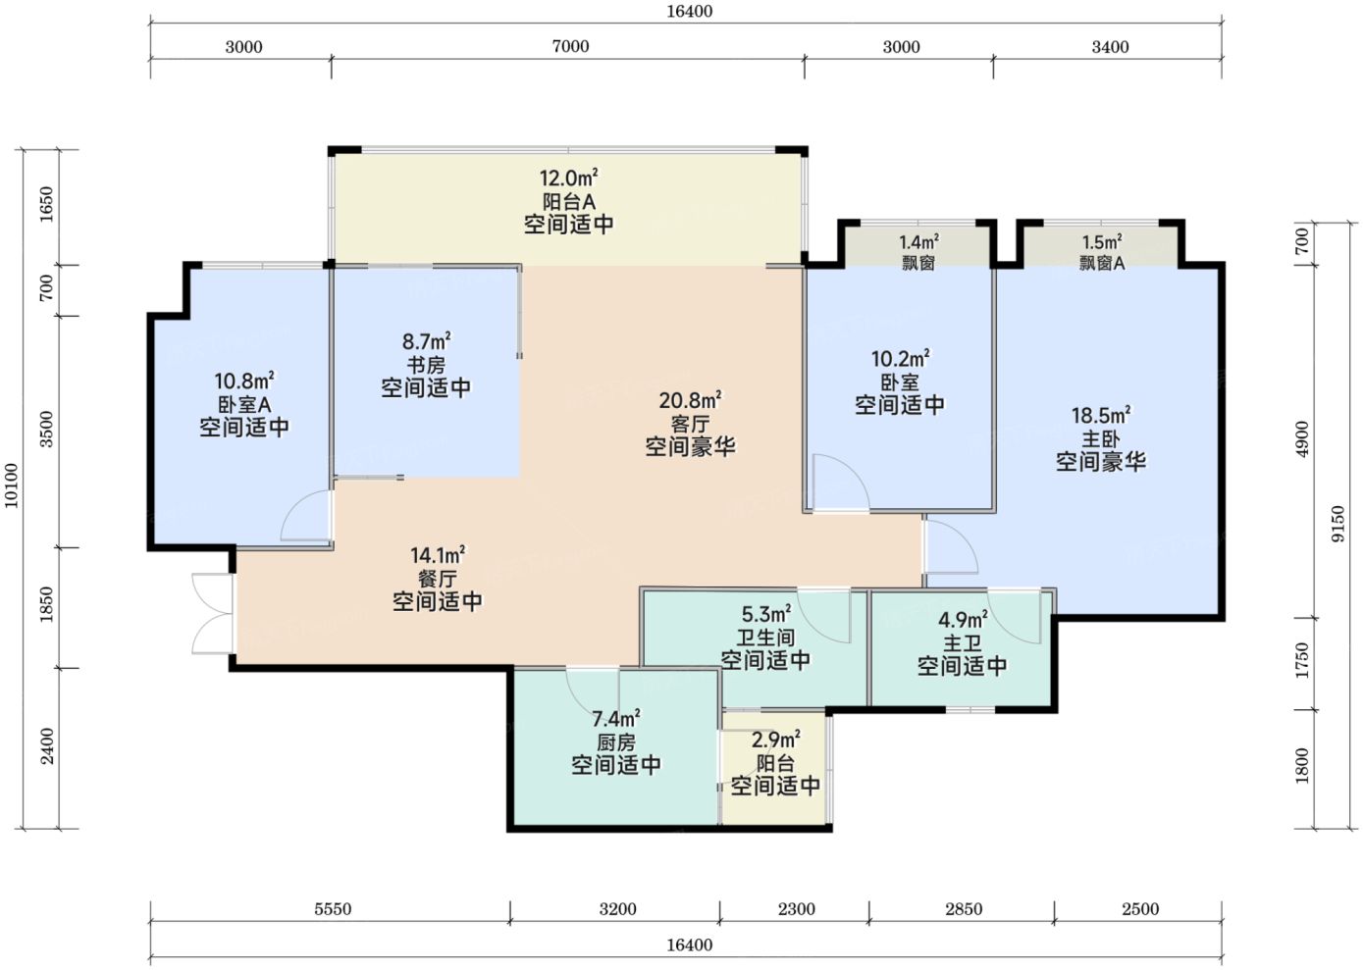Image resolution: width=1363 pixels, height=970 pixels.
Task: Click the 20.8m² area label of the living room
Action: (x=690, y=401)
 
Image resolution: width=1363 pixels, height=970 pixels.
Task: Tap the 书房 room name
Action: (x=426, y=366)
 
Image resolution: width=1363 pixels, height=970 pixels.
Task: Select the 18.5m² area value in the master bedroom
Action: (x=1101, y=416)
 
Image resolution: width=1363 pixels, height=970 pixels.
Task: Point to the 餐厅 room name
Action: (x=437, y=579)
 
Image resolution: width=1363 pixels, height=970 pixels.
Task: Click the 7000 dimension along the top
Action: (x=570, y=47)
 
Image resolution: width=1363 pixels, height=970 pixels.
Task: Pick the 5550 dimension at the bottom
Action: (x=333, y=909)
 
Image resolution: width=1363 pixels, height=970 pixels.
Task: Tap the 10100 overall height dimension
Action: (x=12, y=485)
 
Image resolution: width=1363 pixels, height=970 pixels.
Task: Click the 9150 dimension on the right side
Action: (x=1338, y=524)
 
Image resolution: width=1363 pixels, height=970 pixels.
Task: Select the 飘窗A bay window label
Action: (x=1102, y=263)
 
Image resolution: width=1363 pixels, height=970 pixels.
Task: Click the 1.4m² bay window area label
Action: (x=918, y=242)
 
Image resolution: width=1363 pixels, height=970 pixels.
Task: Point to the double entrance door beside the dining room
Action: (x=212, y=613)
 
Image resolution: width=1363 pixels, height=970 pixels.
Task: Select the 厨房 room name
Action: (x=616, y=742)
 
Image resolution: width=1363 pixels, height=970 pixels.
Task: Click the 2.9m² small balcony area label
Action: (x=776, y=740)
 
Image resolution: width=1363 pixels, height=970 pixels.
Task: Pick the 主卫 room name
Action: (x=962, y=643)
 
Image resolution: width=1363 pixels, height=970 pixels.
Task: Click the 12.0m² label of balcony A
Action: (x=569, y=179)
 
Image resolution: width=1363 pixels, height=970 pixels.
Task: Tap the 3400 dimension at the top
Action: (x=1110, y=47)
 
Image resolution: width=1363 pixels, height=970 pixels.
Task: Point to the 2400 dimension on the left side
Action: (x=47, y=746)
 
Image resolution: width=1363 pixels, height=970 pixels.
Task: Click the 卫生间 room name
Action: (x=765, y=638)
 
